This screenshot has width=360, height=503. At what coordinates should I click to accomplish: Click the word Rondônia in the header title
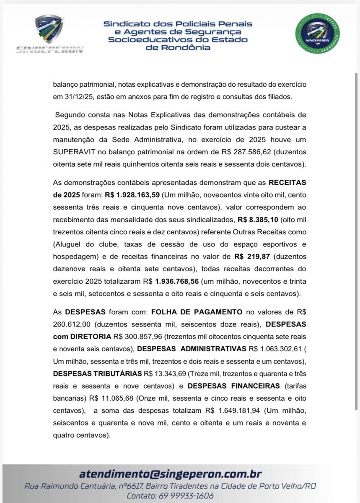pos(178,47)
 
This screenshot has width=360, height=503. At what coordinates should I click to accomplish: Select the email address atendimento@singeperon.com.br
pos(170,474)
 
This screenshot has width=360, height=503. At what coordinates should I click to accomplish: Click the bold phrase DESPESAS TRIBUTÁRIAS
pos(97,373)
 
